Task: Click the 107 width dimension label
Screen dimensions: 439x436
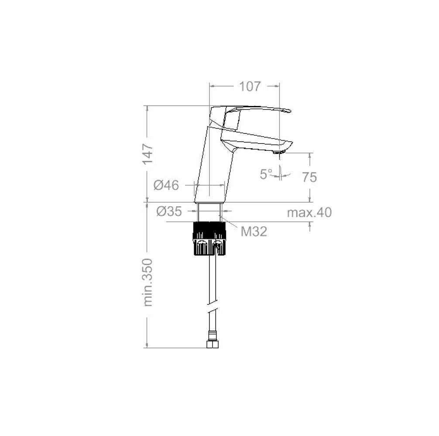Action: coord(250,87)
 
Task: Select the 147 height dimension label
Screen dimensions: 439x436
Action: coord(148,154)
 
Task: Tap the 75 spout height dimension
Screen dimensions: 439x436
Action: coord(309,177)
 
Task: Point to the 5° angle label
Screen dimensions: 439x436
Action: coord(266,174)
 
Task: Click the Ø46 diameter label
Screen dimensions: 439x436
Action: coord(166,185)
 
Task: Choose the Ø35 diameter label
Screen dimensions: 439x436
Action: coord(169,211)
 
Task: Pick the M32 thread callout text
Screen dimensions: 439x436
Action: coord(254,232)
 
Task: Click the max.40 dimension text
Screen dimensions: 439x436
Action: coord(309,212)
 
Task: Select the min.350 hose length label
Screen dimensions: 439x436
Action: coord(148,282)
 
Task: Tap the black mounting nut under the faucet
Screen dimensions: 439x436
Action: coord(209,238)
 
